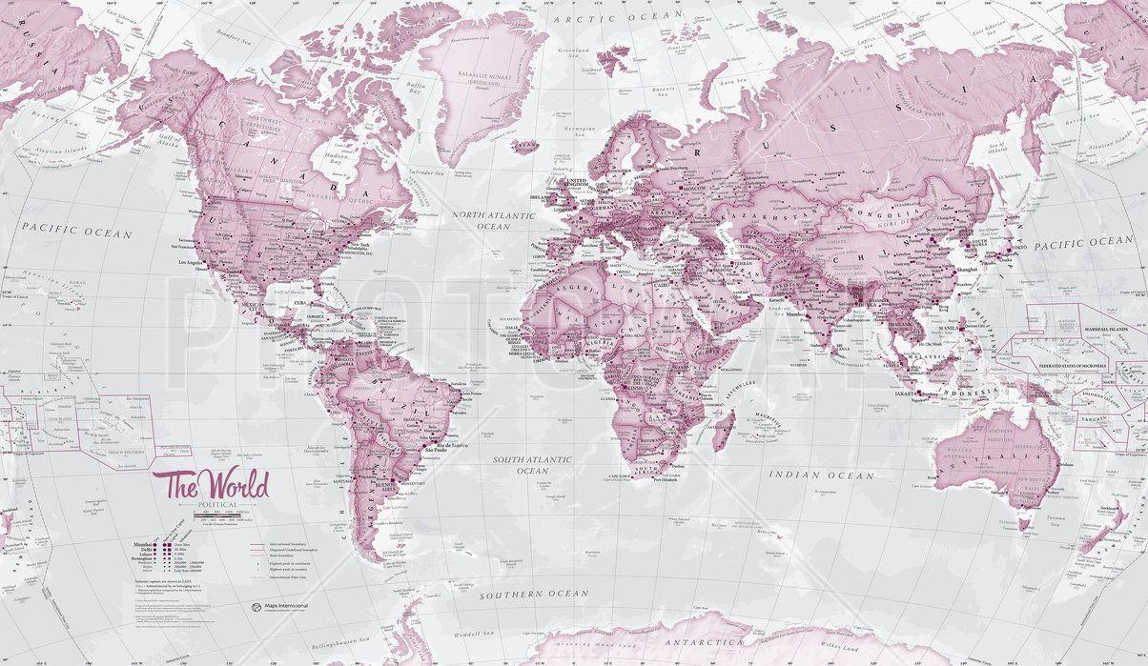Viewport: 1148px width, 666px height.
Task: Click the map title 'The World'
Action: (x=217, y=484)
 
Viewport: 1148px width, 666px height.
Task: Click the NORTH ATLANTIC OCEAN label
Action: (x=494, y=221)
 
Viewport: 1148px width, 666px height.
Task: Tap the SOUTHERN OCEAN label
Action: (x=535, y=594)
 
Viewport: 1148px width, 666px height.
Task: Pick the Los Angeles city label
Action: (x=190, y=261)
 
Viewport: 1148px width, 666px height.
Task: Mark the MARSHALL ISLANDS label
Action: (x=1119, y=329)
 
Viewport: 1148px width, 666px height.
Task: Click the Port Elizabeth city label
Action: (x=670, y=479)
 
